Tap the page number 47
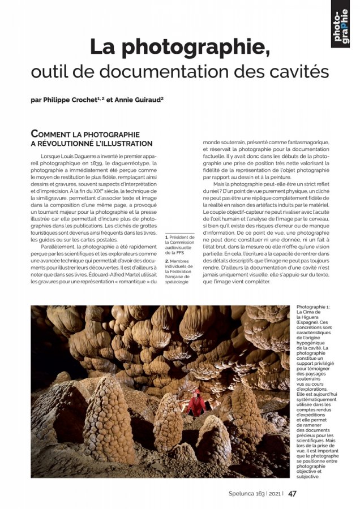(292, 493)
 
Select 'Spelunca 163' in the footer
(241, 494)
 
